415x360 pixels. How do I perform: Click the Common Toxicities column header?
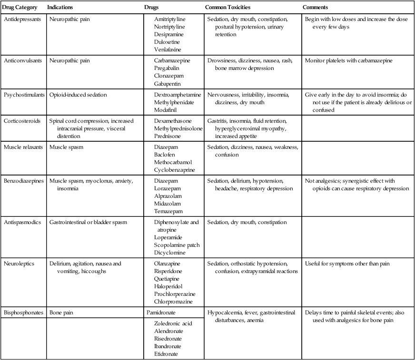click(227, 8)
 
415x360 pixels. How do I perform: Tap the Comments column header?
click(315, 8)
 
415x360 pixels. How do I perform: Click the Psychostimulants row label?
click(24, 95)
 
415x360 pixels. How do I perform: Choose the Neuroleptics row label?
click(19, 263)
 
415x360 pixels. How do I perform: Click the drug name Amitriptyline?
click(169, 19)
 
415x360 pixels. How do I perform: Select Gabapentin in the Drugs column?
click(168, 84)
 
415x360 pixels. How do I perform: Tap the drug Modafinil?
click(167, 109)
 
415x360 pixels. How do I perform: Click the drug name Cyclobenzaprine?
click(175, 170)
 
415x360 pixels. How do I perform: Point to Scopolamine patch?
click(177, 245)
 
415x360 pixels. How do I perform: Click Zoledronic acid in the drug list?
click(172, 323)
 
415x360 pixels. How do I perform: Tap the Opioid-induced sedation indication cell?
click(78, 95)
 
